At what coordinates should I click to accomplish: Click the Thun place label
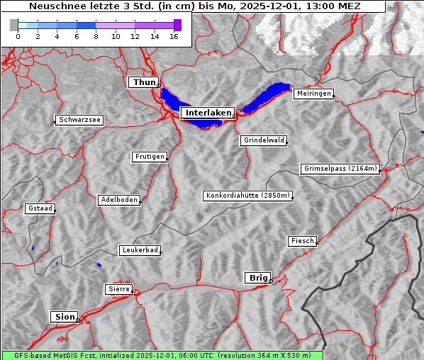click(x=143, y=83)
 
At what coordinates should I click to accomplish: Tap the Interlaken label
click(x=207, y=113)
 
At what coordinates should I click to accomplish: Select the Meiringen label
click(x=313, y=94)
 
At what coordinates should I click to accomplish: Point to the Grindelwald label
click(x=264, y=140)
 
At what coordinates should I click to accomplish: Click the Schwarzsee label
click(x=79, y=120)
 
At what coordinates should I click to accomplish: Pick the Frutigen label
click(x=150, y=157)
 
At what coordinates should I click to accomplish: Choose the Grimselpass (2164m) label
click(x=340, y=169)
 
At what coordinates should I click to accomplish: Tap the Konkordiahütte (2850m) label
click(x=247, y=196)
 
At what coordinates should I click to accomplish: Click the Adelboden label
click(x=118, y=200)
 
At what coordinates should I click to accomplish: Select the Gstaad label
click(x=40, y=209)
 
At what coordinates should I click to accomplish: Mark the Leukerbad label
click(x=140, y=250)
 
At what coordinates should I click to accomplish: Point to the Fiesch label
click(x=302, y=241)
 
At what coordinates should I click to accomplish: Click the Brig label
click(x=257, y=278)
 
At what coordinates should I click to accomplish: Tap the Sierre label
click(x=118, y=289)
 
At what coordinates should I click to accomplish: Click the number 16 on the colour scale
click(x=174, y=36)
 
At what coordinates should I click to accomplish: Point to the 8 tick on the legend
click(x=96, y=36)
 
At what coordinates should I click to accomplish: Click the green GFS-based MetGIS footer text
click(x=162, y=355)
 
